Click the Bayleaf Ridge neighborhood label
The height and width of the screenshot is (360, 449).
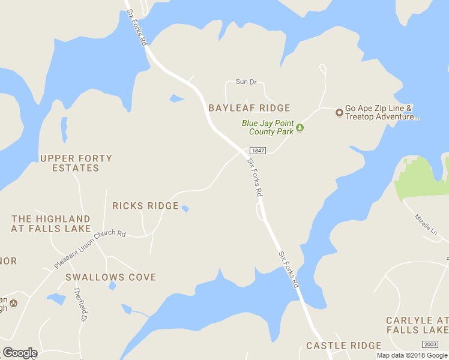pos(249,108)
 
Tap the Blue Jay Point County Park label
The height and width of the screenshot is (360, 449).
pos(268,127)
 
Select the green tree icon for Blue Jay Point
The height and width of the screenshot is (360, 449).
pos(300,127)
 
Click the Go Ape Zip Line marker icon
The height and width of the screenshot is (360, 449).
pos(339,112)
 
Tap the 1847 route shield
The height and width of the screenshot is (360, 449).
pos(258,151)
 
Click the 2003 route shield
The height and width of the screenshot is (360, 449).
pos(430,344)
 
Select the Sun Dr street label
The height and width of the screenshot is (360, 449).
pos(246,82)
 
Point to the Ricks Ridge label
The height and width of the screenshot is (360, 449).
pos(145,206)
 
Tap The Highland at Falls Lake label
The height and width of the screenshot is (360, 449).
pos(51,224)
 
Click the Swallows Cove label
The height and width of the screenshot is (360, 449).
pos(110,277)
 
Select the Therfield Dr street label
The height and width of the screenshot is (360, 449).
pos(78,304)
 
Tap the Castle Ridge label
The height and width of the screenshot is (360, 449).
pos(343,346)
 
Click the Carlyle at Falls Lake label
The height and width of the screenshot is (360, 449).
pos(417,325)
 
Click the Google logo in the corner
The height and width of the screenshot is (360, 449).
pos(20,353)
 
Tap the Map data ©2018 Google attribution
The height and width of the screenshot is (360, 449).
pos(412,355)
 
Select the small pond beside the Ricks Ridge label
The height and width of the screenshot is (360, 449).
pos(185,209)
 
